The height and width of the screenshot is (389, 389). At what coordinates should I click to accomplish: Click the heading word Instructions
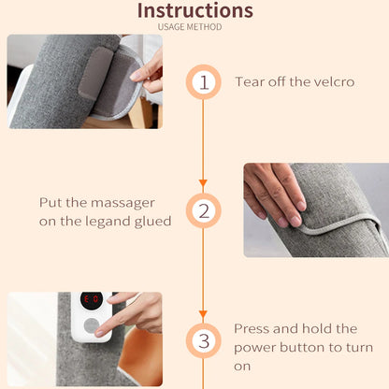tap(195, 10)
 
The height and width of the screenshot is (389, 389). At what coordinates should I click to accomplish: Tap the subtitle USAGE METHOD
tap(190, 27)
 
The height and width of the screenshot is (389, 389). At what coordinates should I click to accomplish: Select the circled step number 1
tap(204, 82)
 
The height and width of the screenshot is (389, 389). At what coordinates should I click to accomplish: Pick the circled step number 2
tap(204, 210)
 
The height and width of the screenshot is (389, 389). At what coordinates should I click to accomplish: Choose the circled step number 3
tap(204, 340)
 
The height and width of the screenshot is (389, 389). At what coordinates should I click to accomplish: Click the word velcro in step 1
tap(334, 82)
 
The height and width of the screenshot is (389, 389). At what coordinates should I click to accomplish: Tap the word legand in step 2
tap(108, 222)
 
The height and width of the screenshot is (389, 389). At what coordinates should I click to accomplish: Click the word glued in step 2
tap(153, 222)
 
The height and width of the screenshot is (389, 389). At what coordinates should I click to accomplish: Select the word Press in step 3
tap(252, 329)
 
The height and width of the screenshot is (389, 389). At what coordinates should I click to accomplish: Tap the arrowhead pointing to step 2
tap(203, 182)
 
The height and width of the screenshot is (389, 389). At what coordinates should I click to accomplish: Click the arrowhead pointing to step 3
tap(203, 314)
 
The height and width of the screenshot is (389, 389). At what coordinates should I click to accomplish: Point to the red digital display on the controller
tap(92, 300)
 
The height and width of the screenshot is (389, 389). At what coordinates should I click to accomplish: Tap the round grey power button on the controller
tap(92, 326)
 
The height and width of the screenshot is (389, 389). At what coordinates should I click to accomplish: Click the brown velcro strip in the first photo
tap(95, 73)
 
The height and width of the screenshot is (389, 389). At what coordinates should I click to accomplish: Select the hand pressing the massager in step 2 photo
tap(274, 194)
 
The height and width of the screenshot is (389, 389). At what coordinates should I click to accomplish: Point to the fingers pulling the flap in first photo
tap(149, 72)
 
